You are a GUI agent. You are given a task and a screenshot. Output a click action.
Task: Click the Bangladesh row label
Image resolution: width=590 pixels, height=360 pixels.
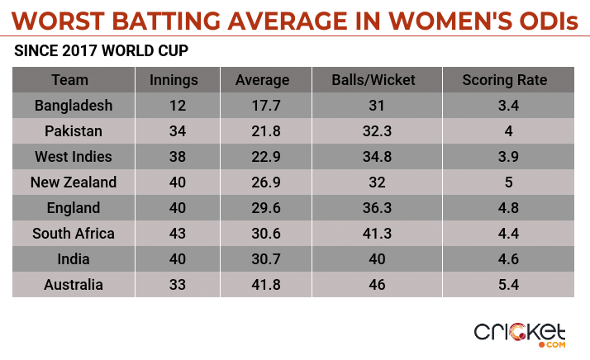(x=74, y=106)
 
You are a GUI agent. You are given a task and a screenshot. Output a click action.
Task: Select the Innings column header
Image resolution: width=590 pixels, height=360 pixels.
(x=173, y=80)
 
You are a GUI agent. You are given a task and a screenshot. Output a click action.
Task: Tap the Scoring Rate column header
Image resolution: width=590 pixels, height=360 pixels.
(x=504, y=80)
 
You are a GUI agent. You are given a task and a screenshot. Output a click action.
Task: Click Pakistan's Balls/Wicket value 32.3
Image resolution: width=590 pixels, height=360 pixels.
(x=373, y=131)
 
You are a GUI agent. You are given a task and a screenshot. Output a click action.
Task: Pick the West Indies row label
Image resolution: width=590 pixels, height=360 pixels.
(x=74, y=157)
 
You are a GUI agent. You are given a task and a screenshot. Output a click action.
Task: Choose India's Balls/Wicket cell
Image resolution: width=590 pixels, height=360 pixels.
(x=373, y=259)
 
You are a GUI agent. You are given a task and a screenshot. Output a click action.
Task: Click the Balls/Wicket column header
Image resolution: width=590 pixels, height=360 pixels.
(x=373, y=80)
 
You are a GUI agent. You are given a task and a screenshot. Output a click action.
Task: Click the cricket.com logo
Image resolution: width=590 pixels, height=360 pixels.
(x=520, y=332)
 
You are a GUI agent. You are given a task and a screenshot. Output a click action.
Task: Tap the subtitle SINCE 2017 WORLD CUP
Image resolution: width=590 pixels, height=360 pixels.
(x=102, y=51)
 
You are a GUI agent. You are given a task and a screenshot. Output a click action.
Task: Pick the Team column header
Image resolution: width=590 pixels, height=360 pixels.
(x=69, y=80)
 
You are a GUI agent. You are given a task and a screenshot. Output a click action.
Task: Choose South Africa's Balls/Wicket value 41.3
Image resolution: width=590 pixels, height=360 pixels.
(x=373, y=234)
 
